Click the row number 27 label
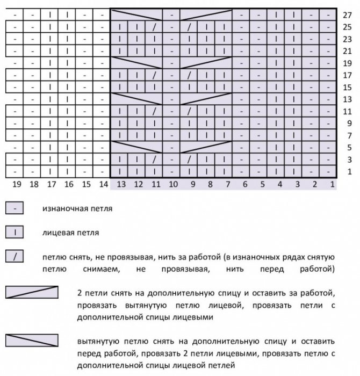(x=347, y=16)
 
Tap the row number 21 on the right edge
(x=347, y=52)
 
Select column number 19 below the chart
(x=16, y=184)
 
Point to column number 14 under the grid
(x=103, y=184)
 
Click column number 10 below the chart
(x=173, y=184)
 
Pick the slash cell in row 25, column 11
(x=155, y=27)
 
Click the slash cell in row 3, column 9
(x=190, y=159)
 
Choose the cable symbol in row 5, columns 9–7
(x=207, y=147)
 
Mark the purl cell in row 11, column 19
(x=16, y=111)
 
